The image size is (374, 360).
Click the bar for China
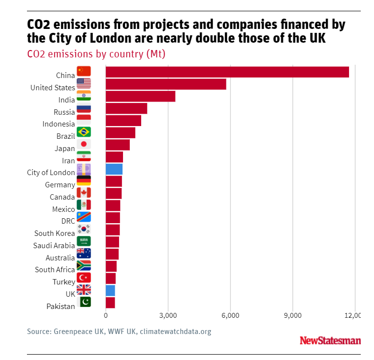pos(227,72)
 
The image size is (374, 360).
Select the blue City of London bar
pos(114,169)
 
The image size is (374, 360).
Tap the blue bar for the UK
pos(110,290)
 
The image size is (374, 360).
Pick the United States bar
pos(166,84)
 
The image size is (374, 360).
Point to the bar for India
pos(140,96)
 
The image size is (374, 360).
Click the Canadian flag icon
pos(84,193)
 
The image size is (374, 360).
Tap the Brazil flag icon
pos(84,132)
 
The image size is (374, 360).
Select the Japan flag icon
pos(84,145)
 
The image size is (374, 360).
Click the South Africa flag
pos(84,266)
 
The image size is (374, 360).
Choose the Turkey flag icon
pos(84,278)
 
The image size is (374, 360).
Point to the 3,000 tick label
pos(168,315)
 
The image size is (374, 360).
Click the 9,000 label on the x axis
pos(293,315)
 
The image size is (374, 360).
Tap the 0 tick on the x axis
pos(106,315)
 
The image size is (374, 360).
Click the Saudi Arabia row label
pos(54,246)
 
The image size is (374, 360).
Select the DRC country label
pos(68,221)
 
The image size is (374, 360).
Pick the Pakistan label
pos(61,307)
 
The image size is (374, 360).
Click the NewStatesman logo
pos(330,340)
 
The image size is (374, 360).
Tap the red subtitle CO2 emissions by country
pos(96,54)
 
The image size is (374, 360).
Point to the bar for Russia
pos(126,108)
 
